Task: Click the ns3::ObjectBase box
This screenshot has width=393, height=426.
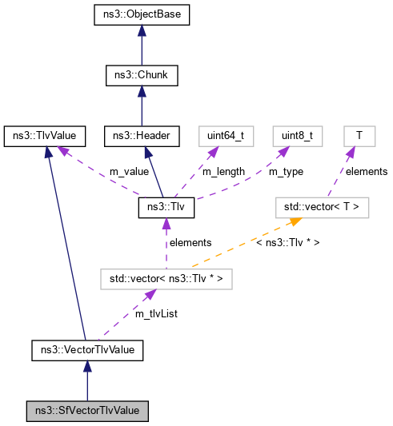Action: click(142, 15)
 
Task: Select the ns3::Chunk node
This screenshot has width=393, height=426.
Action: click(142, 76)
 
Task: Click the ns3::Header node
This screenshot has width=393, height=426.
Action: click(140, 136)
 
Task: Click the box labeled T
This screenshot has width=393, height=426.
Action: click(359, 136)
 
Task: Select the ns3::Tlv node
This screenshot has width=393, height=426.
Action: click(165, 207)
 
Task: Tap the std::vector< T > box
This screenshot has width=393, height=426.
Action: click(321, 207)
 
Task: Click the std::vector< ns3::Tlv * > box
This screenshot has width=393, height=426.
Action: click(166, 279)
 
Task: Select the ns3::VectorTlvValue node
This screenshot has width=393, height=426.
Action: click(87, 349)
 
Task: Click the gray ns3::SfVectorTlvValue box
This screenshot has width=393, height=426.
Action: click(87, 411)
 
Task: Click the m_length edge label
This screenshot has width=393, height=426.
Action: click(223, 172)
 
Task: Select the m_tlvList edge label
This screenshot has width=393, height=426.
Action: click(155, 314)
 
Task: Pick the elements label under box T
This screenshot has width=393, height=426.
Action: click(367, 171)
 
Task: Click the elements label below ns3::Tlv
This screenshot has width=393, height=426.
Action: click(189, 242)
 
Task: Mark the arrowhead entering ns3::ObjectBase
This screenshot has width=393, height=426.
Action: click(142, 30)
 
